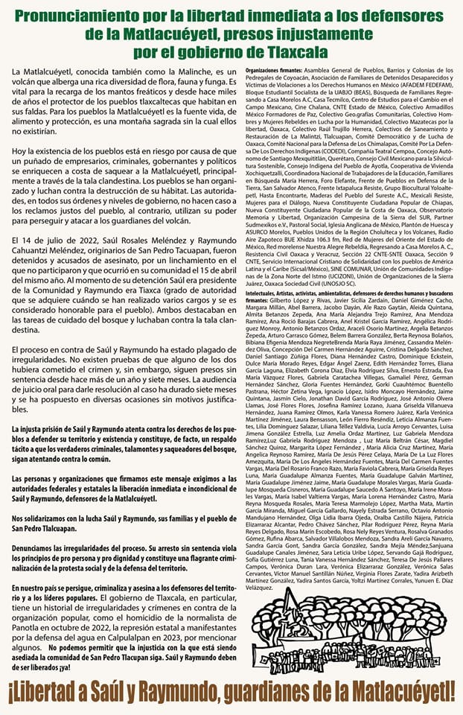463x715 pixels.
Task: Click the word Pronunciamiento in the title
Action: [82, 16]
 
